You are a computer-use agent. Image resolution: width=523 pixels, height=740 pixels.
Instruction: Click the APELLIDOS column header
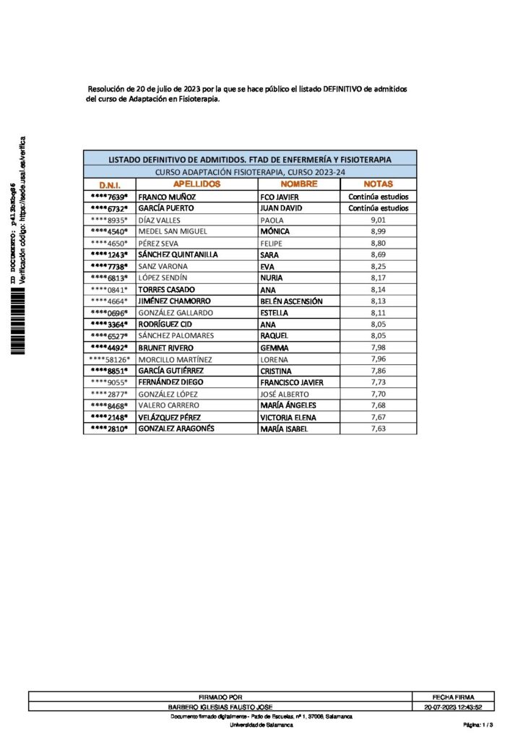pos(197,184)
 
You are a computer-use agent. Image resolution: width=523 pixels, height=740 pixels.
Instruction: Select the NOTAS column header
pos(379,184)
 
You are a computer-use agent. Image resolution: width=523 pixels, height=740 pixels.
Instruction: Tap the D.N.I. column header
pos(109,185)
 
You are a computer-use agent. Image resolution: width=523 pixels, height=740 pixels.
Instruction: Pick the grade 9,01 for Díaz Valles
pos(379,220)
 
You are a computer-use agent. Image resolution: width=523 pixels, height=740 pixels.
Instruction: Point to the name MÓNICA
pos(275,231)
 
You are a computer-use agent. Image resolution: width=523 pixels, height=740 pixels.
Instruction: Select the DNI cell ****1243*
pos(109,254)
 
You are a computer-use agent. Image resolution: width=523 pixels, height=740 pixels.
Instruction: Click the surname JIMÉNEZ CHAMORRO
pos(172,301)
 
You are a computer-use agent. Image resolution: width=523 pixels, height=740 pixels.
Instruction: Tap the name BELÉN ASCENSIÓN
pos(291,301)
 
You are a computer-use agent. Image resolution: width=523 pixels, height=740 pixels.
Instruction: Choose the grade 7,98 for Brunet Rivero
pos(379,348)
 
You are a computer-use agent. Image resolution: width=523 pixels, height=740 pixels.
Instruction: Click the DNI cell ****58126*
pos(109,359)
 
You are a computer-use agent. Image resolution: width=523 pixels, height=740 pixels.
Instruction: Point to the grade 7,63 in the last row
pos(379,429)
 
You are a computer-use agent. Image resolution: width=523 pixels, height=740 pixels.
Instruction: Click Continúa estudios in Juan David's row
pos(379,208)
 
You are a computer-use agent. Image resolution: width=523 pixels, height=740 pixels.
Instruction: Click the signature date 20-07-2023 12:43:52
pos(454,706)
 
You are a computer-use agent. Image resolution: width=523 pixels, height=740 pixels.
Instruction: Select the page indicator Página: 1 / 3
pos(478,724)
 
